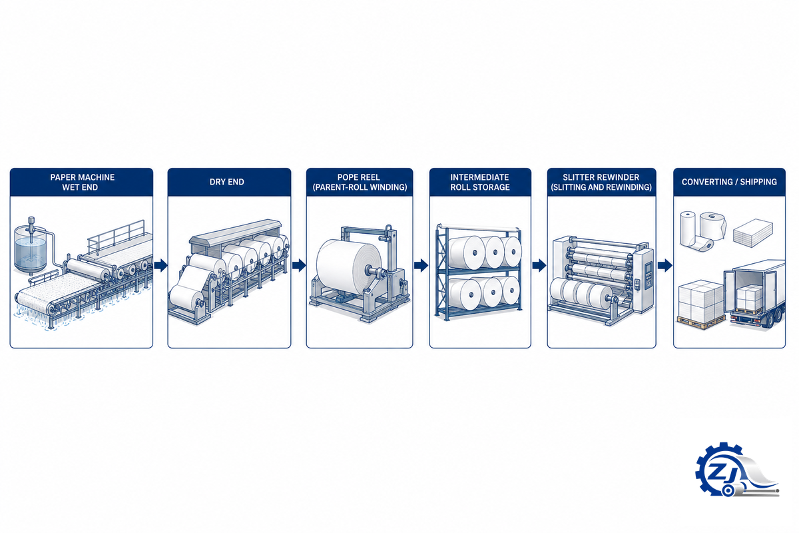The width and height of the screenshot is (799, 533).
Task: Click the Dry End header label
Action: pos(227,182)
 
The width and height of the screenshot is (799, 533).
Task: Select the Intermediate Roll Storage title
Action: pos(480,182)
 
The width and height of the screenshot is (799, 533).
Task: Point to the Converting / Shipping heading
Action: pos(729,182)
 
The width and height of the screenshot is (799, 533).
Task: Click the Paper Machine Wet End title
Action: pos(82,182)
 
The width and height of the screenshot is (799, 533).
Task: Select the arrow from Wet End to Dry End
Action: pos(160,265)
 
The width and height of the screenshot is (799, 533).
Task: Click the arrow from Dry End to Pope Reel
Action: pos(299,265)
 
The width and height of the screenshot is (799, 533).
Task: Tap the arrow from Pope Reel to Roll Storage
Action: pos(421,265)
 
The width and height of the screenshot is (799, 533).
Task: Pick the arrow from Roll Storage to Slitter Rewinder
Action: pos(539,265)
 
